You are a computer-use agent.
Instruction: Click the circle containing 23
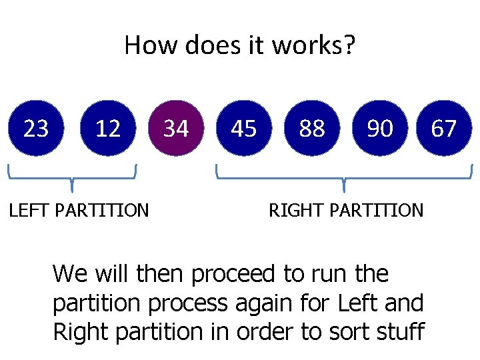(36, 128)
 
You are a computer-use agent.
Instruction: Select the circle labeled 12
(108, 128)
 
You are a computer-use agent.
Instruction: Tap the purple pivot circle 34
(176, 128)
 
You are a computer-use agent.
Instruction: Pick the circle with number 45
(244, 128)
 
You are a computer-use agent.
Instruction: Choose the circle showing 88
(312, 128)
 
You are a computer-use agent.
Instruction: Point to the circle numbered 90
(380, 128)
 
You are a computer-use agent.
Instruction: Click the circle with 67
(444, 128)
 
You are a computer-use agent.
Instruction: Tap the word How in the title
(143, 46)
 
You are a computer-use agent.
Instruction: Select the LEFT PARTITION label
(79, 211)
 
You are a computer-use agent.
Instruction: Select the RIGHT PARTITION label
(345, 211)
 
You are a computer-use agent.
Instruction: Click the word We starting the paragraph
(69, 273)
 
